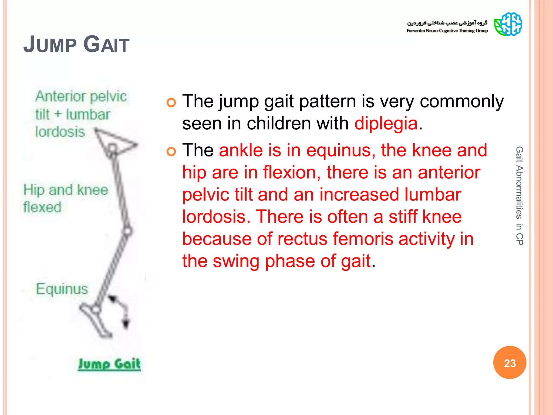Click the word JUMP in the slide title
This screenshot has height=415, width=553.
[50, 45]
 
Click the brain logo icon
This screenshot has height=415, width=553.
[508, 24]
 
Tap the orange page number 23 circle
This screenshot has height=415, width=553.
[510, 363]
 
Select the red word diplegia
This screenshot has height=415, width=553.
[386, 124]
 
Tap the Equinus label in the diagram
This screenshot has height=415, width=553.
[62, 289]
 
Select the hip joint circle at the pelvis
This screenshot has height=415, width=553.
[112, 148]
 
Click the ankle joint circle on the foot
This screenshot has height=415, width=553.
[96, 309]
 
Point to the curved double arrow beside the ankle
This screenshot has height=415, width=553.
[120, 311]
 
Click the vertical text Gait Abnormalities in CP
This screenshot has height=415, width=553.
[519, 196]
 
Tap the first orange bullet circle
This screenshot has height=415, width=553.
[171, 103]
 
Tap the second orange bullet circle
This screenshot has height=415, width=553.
[171, 152]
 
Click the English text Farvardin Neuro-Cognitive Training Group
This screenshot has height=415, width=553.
[447, 31]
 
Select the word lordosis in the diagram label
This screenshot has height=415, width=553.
[60, 132]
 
